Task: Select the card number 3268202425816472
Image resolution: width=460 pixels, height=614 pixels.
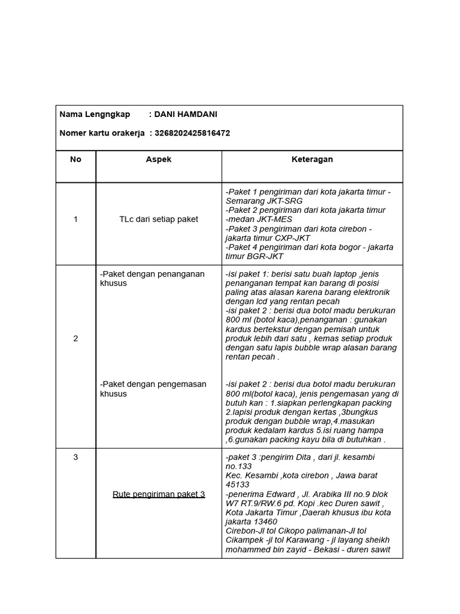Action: (x=192, y=133)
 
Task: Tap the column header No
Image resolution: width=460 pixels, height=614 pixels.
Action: (x=75, y=159)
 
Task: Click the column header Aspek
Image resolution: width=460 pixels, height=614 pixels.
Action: (x=159, y=159)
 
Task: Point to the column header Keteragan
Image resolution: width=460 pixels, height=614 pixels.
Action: (x=312, y=159)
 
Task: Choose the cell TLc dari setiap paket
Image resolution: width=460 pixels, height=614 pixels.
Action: (x=159, y=219)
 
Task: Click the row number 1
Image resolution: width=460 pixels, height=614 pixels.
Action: (x=75, y=219)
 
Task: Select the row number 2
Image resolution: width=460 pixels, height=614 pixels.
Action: (x=75, y=339)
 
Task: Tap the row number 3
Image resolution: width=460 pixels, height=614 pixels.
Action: (x=75, y=458)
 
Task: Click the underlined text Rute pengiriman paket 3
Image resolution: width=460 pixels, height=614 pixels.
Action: (x=159, y=494)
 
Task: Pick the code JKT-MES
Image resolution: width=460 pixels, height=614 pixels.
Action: (x=273, y=219)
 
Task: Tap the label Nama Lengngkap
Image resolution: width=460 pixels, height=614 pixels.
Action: (x=95, y=115)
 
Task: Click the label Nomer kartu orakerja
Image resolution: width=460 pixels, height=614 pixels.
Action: (x=102, y=133)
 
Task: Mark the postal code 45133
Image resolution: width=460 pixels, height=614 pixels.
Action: (x=238, y=485)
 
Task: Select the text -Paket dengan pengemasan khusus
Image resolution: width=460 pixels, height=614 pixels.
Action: (x=153, y=389)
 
